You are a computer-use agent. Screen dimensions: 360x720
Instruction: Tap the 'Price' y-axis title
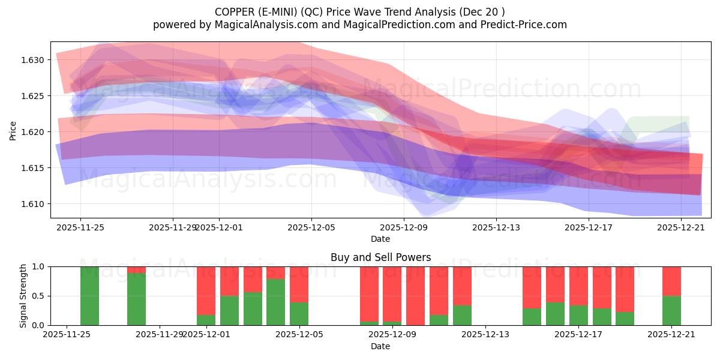(x=13, y=130)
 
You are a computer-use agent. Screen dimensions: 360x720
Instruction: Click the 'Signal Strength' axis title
(x=23, y=296)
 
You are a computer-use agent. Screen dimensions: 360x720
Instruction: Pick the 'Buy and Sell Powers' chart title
(x=380, y=257)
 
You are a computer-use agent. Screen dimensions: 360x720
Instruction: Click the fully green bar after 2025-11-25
(x=89, y=296)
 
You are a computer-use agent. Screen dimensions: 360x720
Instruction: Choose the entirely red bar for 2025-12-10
(x=415, y=296)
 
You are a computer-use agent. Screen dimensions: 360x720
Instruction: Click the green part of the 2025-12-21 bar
(x=671, y=310)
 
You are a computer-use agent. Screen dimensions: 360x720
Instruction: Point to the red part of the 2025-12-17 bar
(x=578, y=286)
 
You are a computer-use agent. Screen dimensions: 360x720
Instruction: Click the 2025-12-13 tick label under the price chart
(x=496, y=227)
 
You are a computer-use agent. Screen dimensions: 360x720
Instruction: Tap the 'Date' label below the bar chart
(x=380, y=346)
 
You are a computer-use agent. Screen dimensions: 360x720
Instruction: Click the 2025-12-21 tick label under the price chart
(x=681, y=227)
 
